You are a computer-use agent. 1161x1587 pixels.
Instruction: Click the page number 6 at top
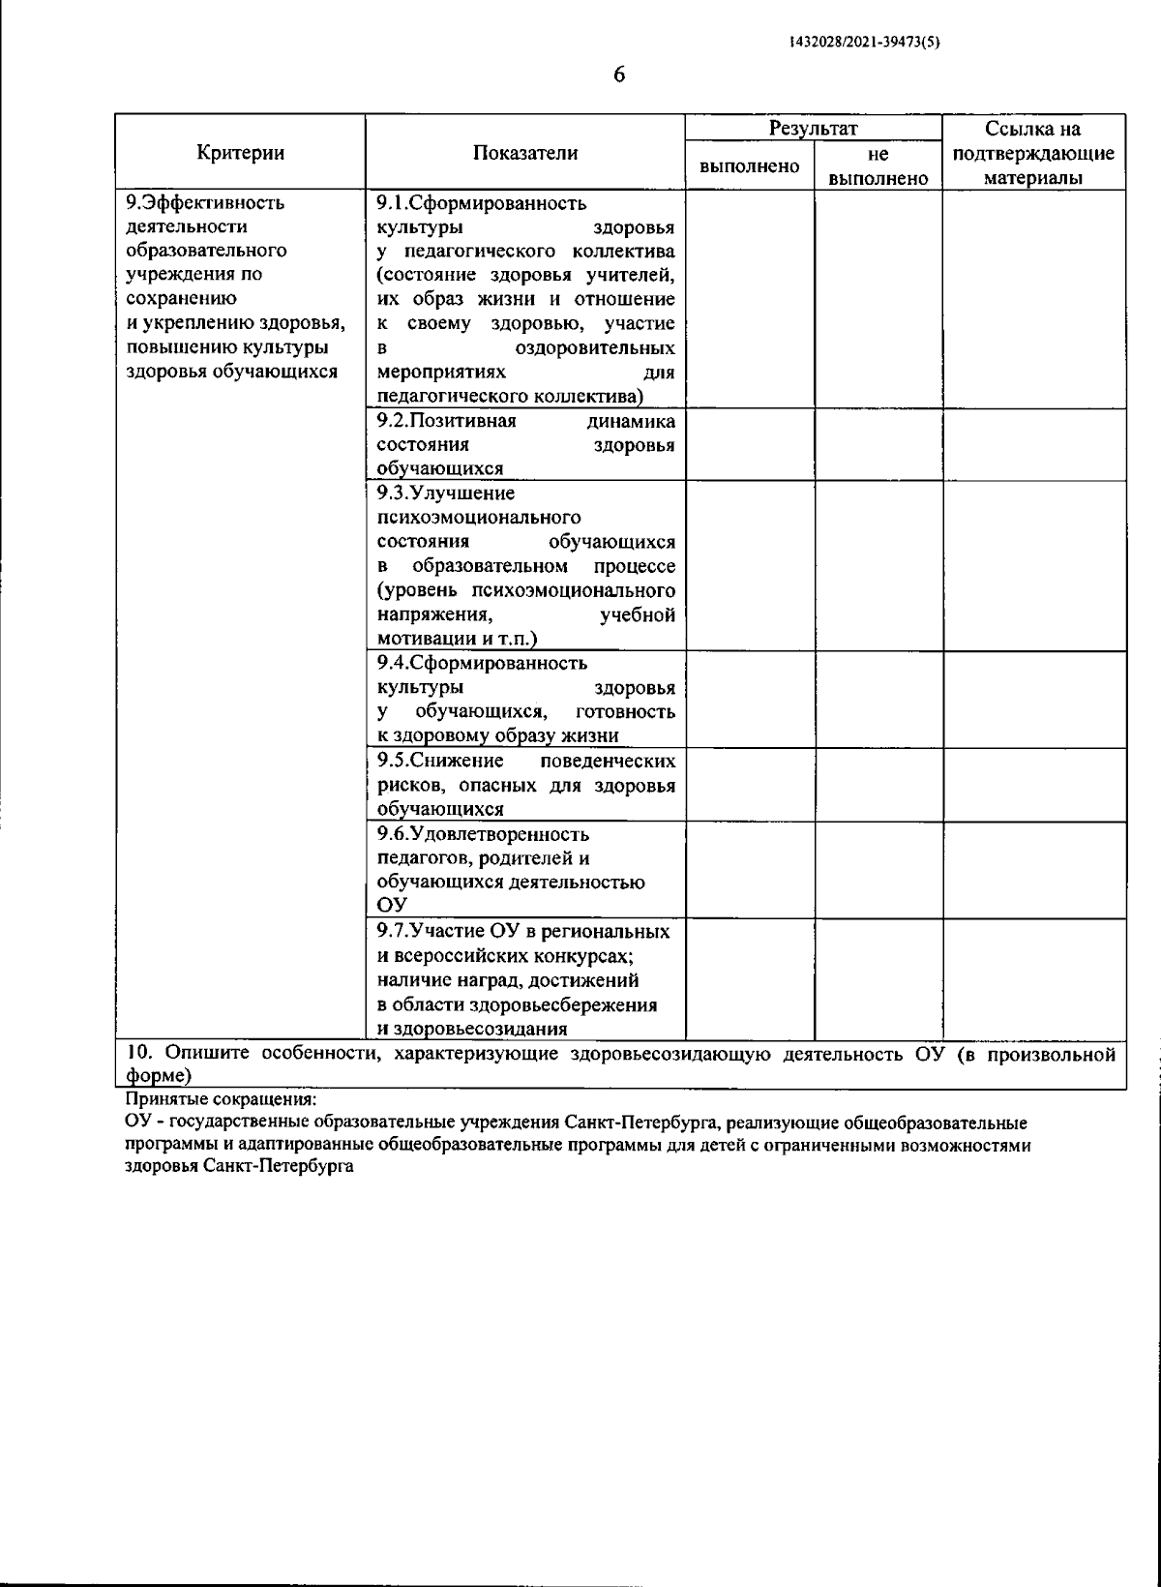pyautogui.click(x=619, y=75)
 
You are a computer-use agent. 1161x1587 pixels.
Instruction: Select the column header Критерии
pyautogui.click(x=240, y=152)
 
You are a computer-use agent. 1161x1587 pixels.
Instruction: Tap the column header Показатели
pyautogui.click(x=525, y=152)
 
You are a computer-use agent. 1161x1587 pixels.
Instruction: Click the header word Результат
pyautogui.click(x=814, y=128)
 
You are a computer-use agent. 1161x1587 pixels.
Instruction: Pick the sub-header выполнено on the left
pyautogui.click(x=749, y=165)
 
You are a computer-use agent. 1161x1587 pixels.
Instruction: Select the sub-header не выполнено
pyautogui.click(x=878, y=165)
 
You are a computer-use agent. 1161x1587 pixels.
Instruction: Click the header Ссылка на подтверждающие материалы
pyautogui.click(x=1033, y=153)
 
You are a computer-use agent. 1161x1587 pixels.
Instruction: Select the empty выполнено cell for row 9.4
pyautogui.click(x=750, y=699)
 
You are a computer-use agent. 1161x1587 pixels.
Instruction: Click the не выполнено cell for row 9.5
pyautogui.click(x=878, y=784)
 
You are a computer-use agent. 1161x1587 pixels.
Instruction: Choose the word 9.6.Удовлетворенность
pyautogui.click(x=482, y=834)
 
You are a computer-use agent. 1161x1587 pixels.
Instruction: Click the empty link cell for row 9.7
pyautogui.click(x=1033, y=978)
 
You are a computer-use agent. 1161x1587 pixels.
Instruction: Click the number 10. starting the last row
pyautogui.click(x=139, y=1053)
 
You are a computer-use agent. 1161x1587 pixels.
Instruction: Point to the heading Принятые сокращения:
pyautogui.click(x=220, y=1100)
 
